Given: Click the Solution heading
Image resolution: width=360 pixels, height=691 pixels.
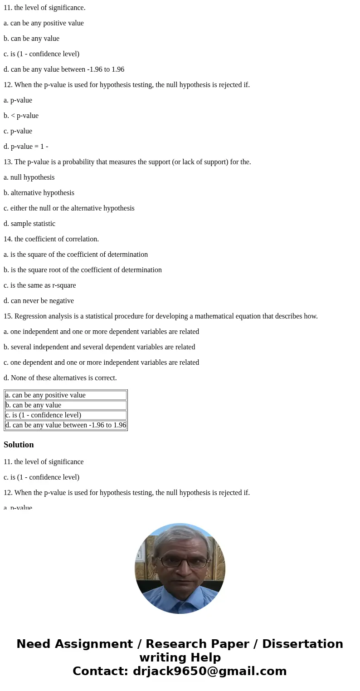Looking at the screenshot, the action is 19,445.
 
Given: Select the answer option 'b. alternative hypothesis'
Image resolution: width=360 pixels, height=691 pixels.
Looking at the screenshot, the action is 39,193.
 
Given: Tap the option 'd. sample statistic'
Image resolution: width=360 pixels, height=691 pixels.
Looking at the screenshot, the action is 29,224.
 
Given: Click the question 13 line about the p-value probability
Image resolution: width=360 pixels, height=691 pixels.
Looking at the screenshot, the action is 127,162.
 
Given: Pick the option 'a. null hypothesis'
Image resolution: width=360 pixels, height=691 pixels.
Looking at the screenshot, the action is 29,177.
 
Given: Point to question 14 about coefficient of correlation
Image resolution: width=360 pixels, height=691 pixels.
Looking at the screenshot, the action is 51,239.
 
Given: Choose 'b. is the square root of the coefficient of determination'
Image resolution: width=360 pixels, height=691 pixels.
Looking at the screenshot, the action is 83,270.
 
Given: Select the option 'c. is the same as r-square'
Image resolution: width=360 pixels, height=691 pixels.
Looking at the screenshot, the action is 40,285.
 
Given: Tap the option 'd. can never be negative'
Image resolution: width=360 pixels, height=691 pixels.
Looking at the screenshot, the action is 39,301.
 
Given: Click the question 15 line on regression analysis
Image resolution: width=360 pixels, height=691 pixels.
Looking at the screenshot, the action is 161,316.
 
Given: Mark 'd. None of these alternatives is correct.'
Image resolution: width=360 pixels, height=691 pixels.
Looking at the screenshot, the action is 60,378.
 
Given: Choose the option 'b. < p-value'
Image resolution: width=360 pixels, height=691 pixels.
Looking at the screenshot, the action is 21,116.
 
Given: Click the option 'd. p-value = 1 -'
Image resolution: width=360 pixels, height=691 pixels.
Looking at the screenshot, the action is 26,147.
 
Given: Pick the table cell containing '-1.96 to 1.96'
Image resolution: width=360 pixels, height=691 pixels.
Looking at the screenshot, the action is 65,425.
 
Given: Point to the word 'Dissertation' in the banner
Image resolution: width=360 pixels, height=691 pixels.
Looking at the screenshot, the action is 302,644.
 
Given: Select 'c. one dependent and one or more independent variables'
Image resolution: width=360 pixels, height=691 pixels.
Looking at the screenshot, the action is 101,363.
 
